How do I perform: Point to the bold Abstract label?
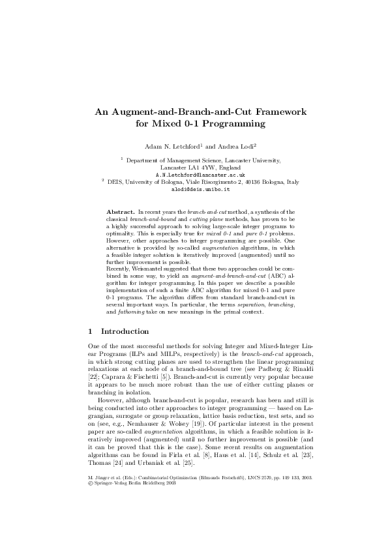(x=120, y=213)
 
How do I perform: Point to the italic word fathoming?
(x=121, y=315)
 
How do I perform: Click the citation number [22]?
(x=94, y=376)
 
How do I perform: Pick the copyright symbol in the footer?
(x=90, y=501)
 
